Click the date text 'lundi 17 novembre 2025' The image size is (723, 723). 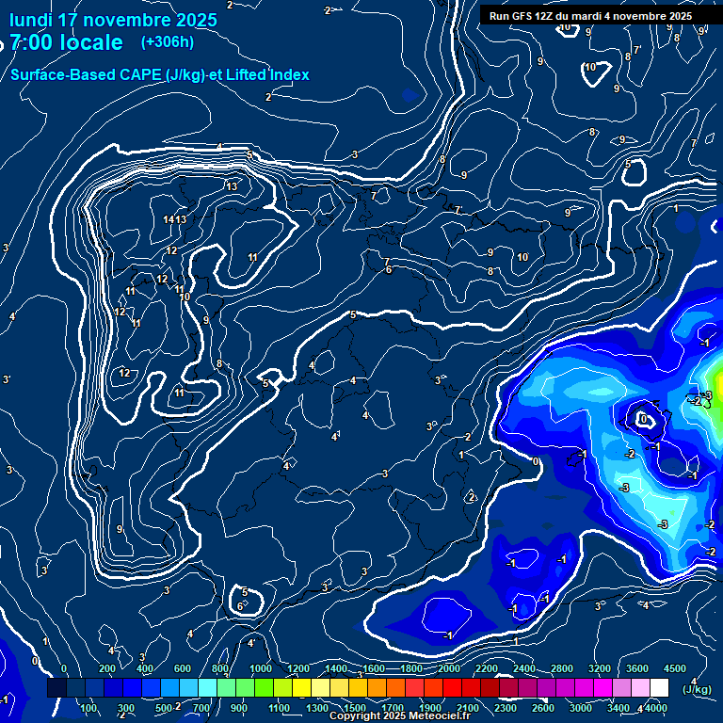click(x=113, y=20)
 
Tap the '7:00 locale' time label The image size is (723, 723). click(x=66, y=42)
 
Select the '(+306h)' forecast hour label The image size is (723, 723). click(x=167, y=42)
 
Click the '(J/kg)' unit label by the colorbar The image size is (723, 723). click(x=698, y=690)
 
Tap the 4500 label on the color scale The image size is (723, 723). click(x=675, y=668)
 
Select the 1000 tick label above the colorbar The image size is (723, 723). click(x=261, y=668)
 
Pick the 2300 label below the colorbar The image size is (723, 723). click(x=506, y=708)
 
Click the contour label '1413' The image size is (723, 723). click(x=175, y=219)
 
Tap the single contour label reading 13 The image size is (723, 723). click(x=232, y=186)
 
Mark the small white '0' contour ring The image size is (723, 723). click(x=645, y=418)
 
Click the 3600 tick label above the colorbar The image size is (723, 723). click(x=637, y=668)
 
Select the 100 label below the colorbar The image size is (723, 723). click(x=89, y=708)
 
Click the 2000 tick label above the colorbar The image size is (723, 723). click(x=449, y=668)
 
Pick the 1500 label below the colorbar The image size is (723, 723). click(x=355, y=708)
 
